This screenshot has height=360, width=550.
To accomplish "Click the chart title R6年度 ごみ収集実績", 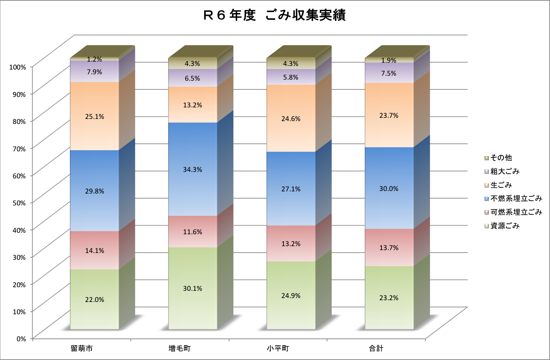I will point(274,15).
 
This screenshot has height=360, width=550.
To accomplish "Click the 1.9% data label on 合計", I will point(389,61).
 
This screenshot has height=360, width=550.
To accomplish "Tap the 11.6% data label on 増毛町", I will point(193,232).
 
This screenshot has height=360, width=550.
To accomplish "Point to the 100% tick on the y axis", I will point(18,67).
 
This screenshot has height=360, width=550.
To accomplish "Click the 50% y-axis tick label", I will point(19,203).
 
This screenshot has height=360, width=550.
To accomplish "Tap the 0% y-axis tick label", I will point(21,339).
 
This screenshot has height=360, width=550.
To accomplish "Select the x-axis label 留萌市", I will point(82,348).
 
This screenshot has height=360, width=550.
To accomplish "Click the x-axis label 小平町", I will point(278,348).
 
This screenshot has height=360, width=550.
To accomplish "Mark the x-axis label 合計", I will point(376,348).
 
